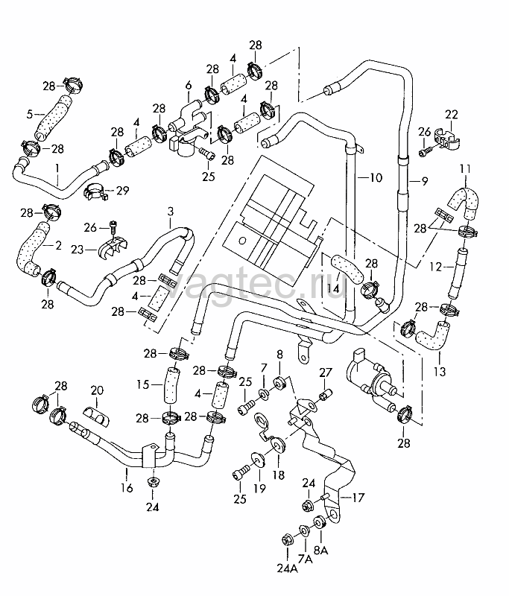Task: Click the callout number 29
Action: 122,190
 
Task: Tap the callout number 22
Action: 452,115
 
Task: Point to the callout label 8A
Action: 321,550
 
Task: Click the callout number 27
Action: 326,372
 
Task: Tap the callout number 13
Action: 440,370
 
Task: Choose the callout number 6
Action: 189,85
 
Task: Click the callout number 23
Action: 78,250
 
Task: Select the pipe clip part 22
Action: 448,141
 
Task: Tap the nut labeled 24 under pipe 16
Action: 153,482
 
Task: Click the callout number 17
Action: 358,497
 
